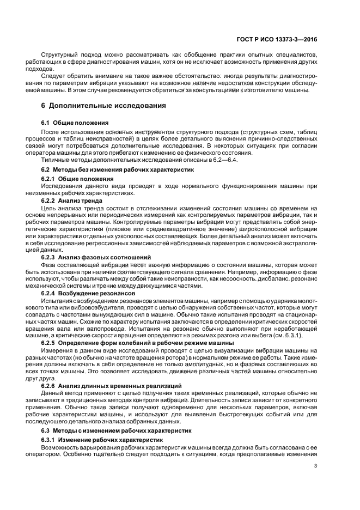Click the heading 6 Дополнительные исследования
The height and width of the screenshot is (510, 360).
pyautogui.click(x=103, y=105)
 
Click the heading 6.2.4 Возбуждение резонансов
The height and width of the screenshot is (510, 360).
pyautogui.click(x=89, y=293)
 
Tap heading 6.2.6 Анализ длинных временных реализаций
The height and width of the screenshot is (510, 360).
pyautogui.click(x=112, y=386)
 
